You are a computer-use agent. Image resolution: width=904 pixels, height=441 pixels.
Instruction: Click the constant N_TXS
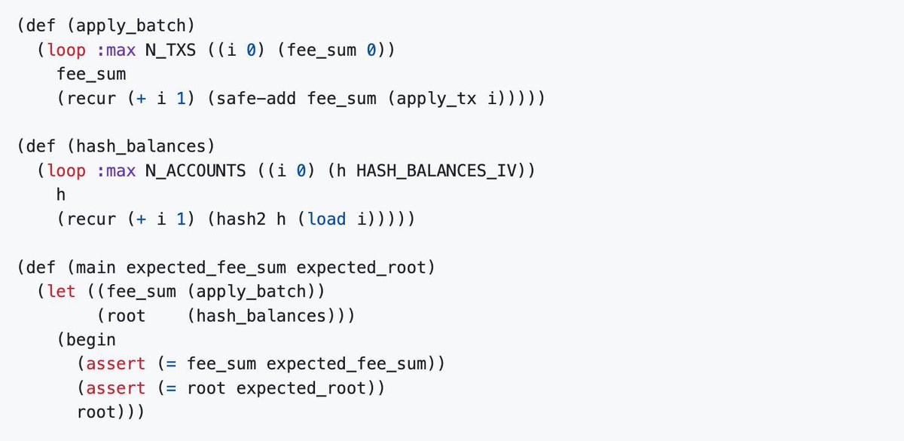[x=170, y=51]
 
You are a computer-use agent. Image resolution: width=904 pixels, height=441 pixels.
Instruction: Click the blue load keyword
[x=327, y=219]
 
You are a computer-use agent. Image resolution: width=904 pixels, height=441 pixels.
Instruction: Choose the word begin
[x=92, y=339]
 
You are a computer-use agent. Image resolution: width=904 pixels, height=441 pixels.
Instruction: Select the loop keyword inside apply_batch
[x=67, y=51]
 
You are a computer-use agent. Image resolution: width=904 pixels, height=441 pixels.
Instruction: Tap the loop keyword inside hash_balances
[x=67, y=170]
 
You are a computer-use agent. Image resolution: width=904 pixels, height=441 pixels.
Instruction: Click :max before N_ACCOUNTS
[x=116, y=170]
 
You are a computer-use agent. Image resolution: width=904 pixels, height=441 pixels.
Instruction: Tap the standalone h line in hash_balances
[x=62, y=194]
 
